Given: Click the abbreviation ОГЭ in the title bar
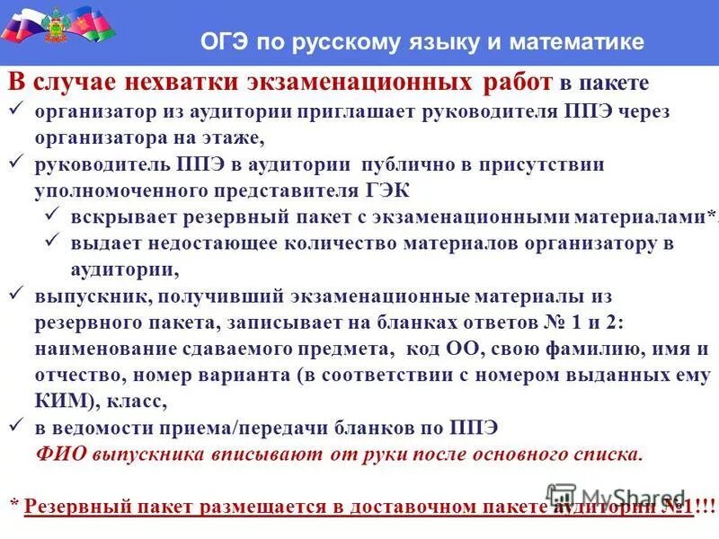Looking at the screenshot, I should pos(223,42).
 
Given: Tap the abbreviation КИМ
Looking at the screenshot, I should pos(57,401).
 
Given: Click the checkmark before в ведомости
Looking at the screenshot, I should pos(16,426).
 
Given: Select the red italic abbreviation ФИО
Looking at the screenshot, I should pos(60,453).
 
